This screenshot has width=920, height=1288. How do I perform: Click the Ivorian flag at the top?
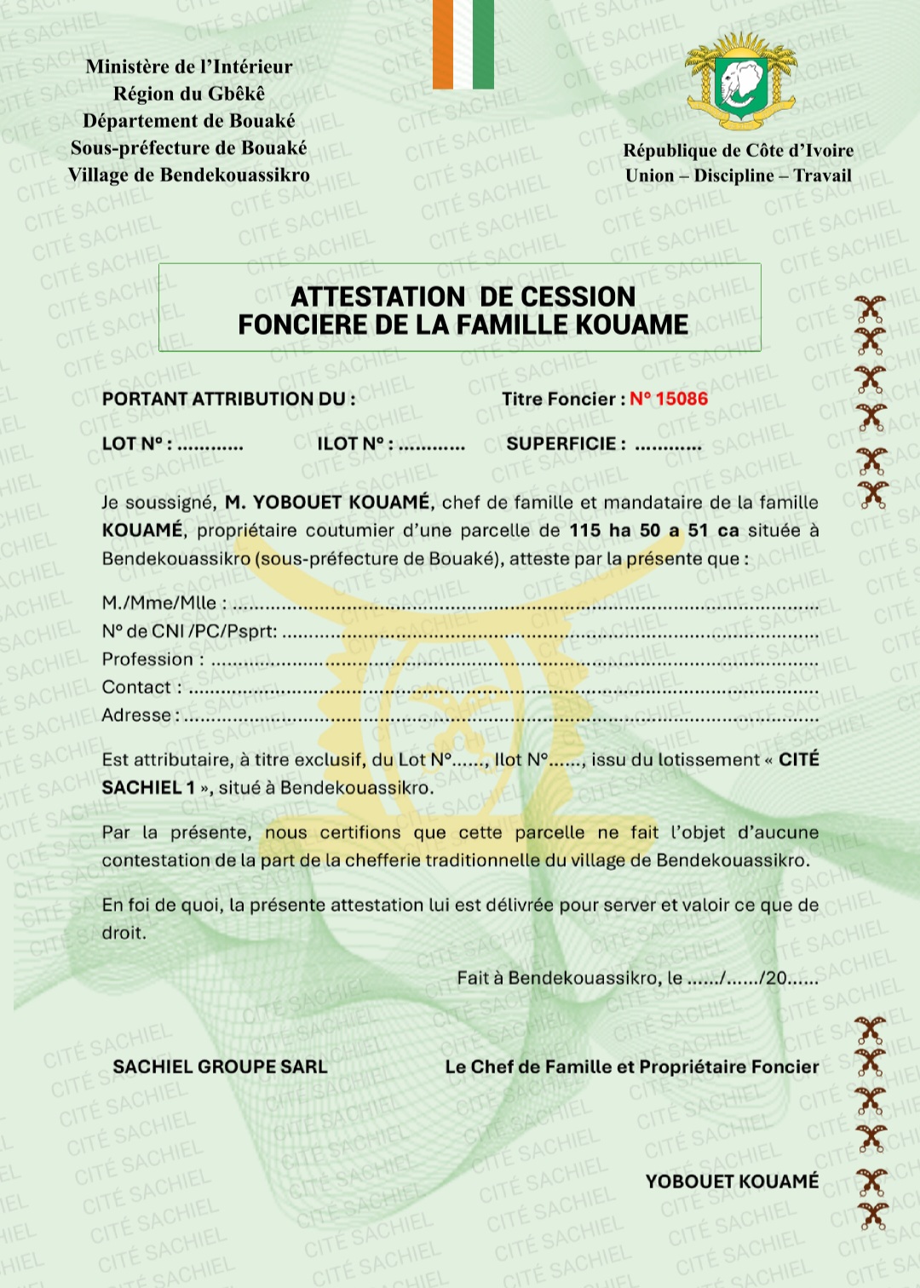(463, 44)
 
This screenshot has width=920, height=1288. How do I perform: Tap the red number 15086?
(681, 399)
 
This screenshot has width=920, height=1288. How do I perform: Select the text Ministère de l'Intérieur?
(189, 66)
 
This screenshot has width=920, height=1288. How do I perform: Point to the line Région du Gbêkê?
(189, 94)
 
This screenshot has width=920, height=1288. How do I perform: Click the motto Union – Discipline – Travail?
(738, 175)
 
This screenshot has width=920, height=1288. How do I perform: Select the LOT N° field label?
(137, 444)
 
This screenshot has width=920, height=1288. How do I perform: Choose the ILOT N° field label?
(354, 444)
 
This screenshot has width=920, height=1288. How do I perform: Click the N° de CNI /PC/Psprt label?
(189, 631)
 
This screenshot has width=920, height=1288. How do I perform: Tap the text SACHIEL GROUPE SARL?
(220, 1067)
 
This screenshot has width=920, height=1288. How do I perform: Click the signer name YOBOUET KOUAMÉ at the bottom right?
(732, 1182)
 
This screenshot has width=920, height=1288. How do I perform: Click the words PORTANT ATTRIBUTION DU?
(228, 399)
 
